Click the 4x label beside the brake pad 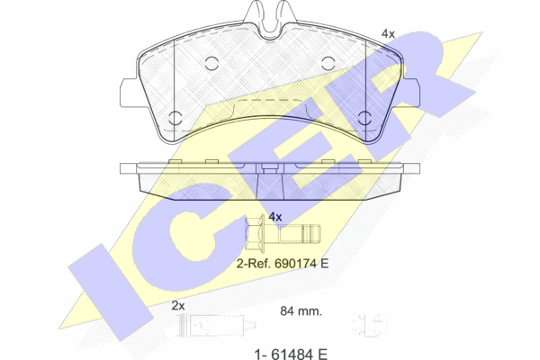(388, 34)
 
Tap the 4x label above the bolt (275, 217)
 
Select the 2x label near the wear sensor (178, 306)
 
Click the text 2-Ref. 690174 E (283, 264)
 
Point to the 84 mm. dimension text (301, 311)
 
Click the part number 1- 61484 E (291, 354)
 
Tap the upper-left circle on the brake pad (211, 63)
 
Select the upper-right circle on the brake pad (328, 63)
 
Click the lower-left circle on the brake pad (176, 118)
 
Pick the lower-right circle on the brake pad (364, 118)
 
